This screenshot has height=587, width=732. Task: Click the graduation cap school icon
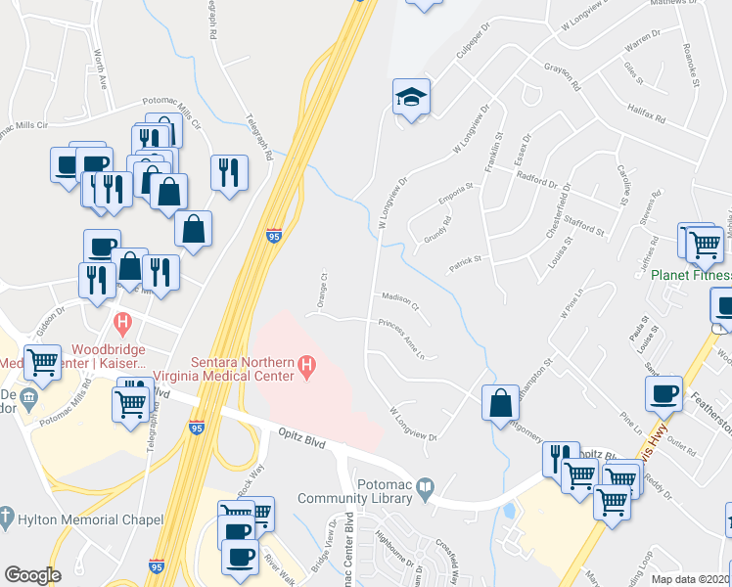[x=412, y=97]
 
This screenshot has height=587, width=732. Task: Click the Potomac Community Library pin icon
[x=426, y=486]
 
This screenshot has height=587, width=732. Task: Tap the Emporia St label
[x=456, y=194]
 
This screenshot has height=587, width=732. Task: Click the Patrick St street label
[x=466, y=261]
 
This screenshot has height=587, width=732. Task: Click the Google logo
[x=32, y=574]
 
